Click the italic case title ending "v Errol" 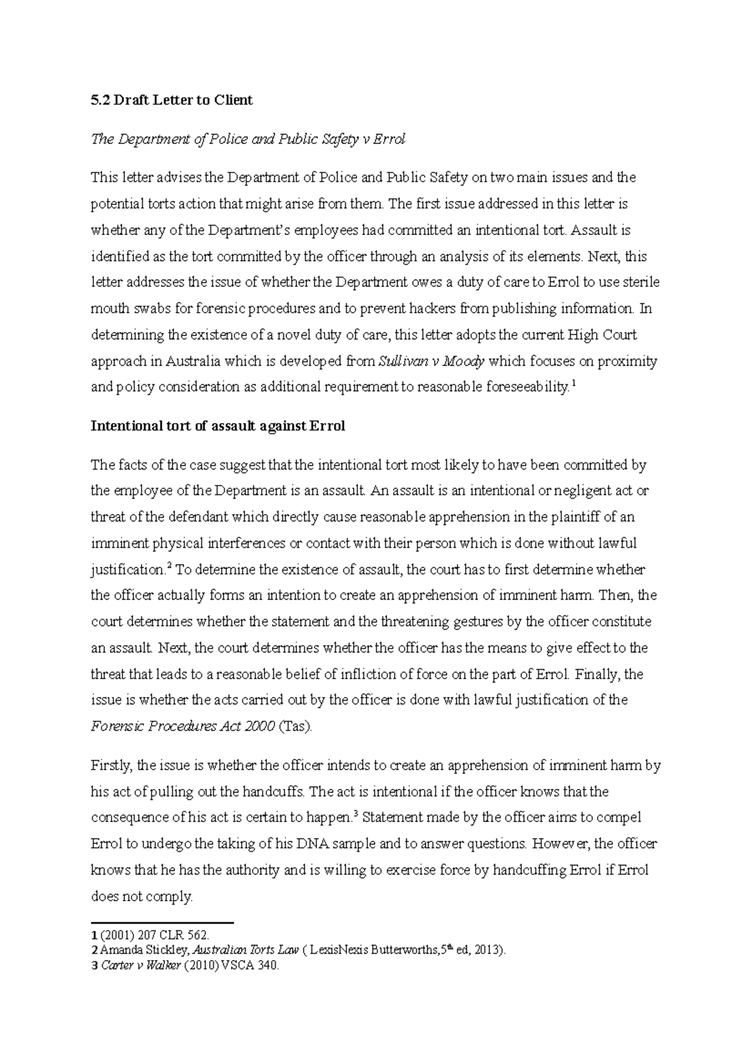pyautogui.click(x=248, y=139)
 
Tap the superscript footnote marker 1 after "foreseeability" pyautogui.click(x=574, y=385)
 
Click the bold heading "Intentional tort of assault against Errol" pyautogui.click(x=218, y=427)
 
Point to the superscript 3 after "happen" pyautogui.click(x=355, y=815)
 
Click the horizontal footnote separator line pyautogui.click(x=162, y=923)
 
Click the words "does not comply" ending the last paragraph pyautogui.click(x=141, y=897)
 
